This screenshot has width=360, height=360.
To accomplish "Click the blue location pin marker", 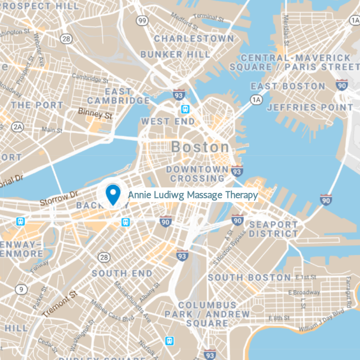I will point(112,194).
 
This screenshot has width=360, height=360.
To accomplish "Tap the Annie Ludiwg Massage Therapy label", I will point(193,195).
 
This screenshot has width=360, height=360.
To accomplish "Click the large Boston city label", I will point(200,147).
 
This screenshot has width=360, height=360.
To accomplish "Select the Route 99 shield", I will point(143,21).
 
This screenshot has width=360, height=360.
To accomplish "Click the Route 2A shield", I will point(17,127).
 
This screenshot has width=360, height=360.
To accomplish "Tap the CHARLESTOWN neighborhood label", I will point(194,39).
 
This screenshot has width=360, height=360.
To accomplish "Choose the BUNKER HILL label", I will point(175,54).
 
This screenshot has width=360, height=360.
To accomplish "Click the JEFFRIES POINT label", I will point(310,108).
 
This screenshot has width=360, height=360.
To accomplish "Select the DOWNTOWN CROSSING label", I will point(197,174).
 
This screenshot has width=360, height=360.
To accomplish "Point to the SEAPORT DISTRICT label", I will point(273,229).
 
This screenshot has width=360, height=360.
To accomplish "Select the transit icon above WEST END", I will point(185,109).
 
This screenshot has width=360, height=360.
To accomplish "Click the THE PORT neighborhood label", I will point(37,105).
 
